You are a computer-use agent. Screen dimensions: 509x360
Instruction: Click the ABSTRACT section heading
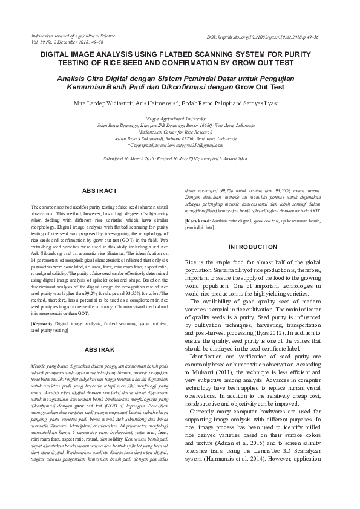pyautogui.click(x=99, y=190)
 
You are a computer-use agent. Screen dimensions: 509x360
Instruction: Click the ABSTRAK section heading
pyautogui.click(x=99, y=349)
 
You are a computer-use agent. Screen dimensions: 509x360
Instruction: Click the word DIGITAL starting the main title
pyautogui.click(x=56, y=54)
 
